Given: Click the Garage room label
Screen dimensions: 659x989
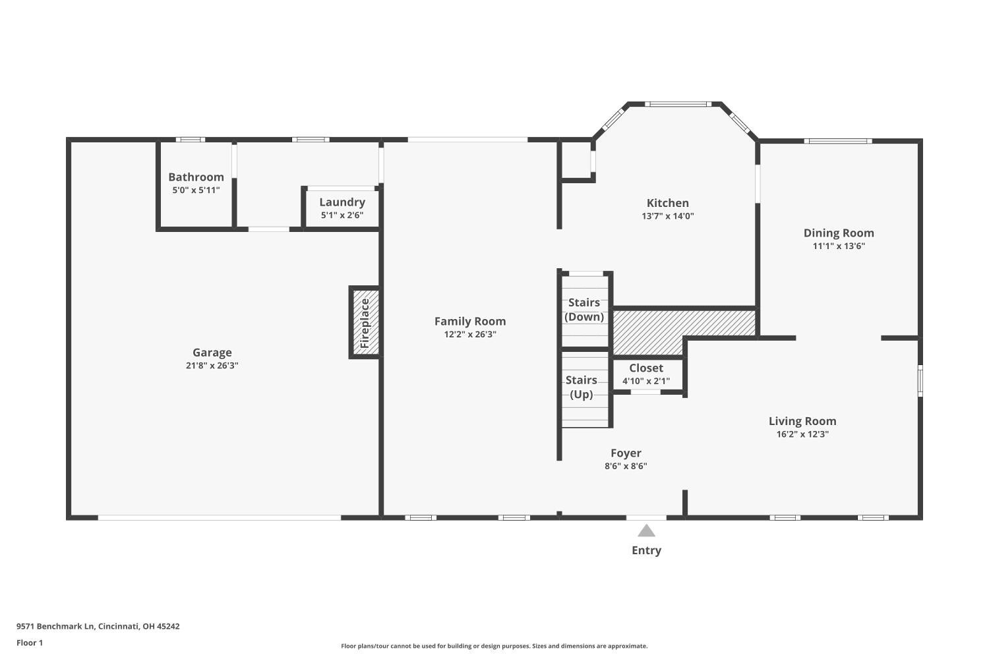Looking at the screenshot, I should click(212, 353).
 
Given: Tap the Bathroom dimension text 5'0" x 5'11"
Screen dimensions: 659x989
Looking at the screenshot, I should click(196, 190).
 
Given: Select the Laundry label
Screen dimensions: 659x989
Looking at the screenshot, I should click(342, 202).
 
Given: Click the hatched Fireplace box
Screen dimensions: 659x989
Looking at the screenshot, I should click(365, 323).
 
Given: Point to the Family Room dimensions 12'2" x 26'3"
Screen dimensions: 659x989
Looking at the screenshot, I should click(470, 335).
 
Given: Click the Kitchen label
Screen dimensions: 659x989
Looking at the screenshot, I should click(667, 203).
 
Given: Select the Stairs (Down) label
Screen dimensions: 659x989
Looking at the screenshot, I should click(584, 310).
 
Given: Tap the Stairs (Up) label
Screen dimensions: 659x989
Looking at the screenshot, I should click(581, 387).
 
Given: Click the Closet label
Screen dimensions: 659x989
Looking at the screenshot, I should click(645, 368).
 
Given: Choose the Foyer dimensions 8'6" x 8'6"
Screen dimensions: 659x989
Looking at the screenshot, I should click(626, 467).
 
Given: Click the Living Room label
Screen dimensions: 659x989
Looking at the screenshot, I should click(802, 421).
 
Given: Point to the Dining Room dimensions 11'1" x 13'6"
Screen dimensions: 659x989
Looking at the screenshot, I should click(839, 246).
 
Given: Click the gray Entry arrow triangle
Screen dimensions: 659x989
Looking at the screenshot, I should click(646, 531).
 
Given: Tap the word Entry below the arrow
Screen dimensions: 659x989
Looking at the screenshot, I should click(646, 550).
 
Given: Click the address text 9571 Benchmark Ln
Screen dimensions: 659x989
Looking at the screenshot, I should click(98, 627).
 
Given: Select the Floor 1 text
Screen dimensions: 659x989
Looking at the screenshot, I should click(30, 643).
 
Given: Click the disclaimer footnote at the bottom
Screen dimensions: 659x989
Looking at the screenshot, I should click(494, 646).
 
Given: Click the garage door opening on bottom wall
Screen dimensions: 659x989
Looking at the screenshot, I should click(220, 518).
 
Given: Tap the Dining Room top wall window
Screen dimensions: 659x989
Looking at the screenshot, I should click(837, 141).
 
